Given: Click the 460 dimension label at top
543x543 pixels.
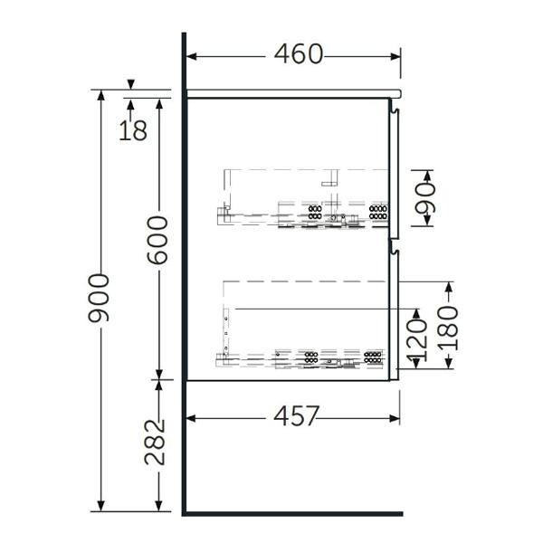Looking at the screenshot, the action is pyautogui.click(x=299, y=54).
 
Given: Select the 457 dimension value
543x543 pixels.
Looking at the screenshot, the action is pyautogui.click(x=297, y=416).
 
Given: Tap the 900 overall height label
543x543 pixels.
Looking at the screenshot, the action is pyautogui.click(x=99, y=298).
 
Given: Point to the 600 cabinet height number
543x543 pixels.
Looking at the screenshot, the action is pyautogui.click(x=157, y=240).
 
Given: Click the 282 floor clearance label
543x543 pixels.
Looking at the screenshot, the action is pyautogui.click(x=155, y=443).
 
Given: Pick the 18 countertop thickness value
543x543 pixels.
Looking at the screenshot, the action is pyautogui.click(x=133, y=130).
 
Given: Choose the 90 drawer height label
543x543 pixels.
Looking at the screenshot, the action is pyautogui.click(x=425, y=198).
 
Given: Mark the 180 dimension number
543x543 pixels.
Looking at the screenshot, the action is pyautogui.click(x=448, y=328).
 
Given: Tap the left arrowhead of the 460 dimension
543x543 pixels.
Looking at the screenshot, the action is pyautogui.click(x=191, y=56).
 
